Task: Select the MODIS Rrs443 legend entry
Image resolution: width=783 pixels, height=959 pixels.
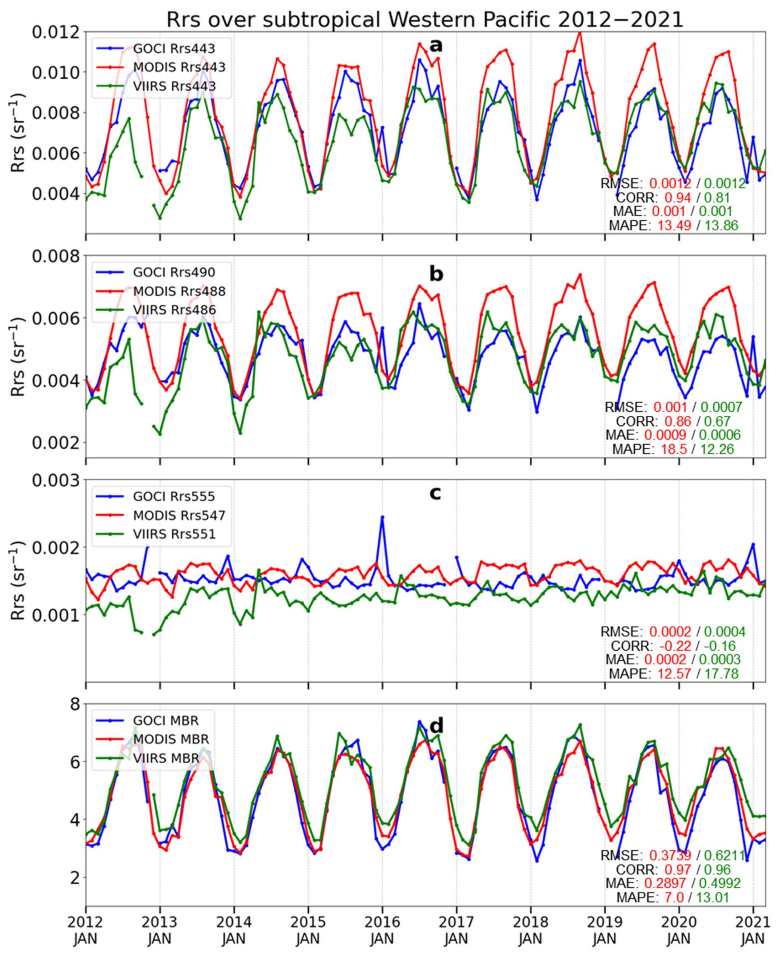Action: pyautogui.click(x=179, y=67)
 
